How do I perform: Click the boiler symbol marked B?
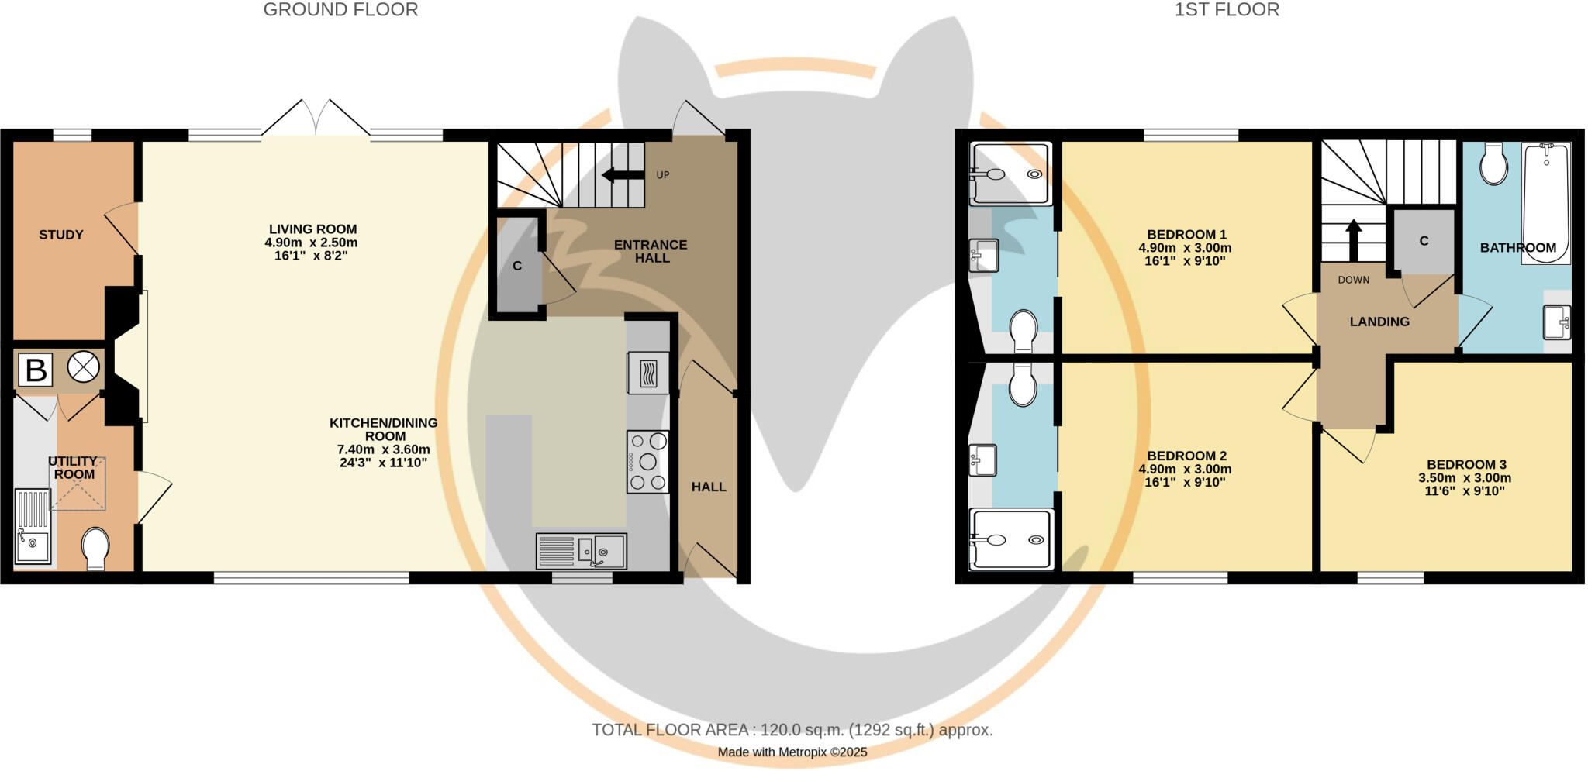[x=36, y=370]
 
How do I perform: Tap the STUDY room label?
[x=61, y=235]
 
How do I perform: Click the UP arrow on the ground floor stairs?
[x=623, y=175]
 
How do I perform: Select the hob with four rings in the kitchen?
[x=647, y=462]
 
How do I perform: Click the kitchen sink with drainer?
[x=581, y=551]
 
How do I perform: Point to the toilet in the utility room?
[x=96, y=549]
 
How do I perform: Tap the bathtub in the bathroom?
[x=1546, y=203]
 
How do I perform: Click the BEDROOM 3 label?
[x=1466, y=464]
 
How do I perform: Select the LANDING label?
[x=1379, y=322]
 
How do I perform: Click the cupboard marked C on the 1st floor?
[x=1424, y=241]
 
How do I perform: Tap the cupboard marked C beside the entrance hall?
[x=517, y=266]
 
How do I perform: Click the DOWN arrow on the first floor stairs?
[x=1353, y=240]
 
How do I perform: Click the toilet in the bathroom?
[x=1493, y=163]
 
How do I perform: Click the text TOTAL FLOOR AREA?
[x=670, y=730]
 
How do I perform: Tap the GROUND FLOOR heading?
[x=340, y=10]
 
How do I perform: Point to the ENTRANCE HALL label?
[x=651, y=251]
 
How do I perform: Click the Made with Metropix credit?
[x=792, y=752]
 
